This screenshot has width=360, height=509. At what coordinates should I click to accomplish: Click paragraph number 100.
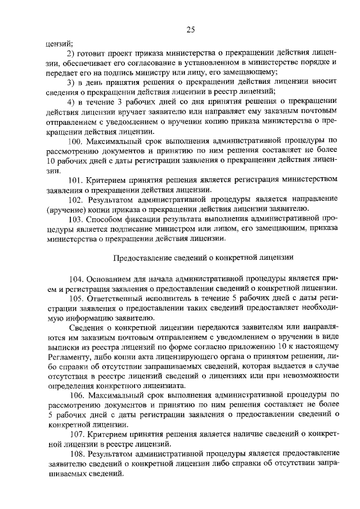[x=75, y=140]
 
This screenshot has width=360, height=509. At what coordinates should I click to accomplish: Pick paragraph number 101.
[x=75, y=179]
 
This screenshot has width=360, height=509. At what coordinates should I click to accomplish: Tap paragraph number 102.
[x=75, y=199]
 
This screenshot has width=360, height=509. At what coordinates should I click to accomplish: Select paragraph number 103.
[x=75, y=219]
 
